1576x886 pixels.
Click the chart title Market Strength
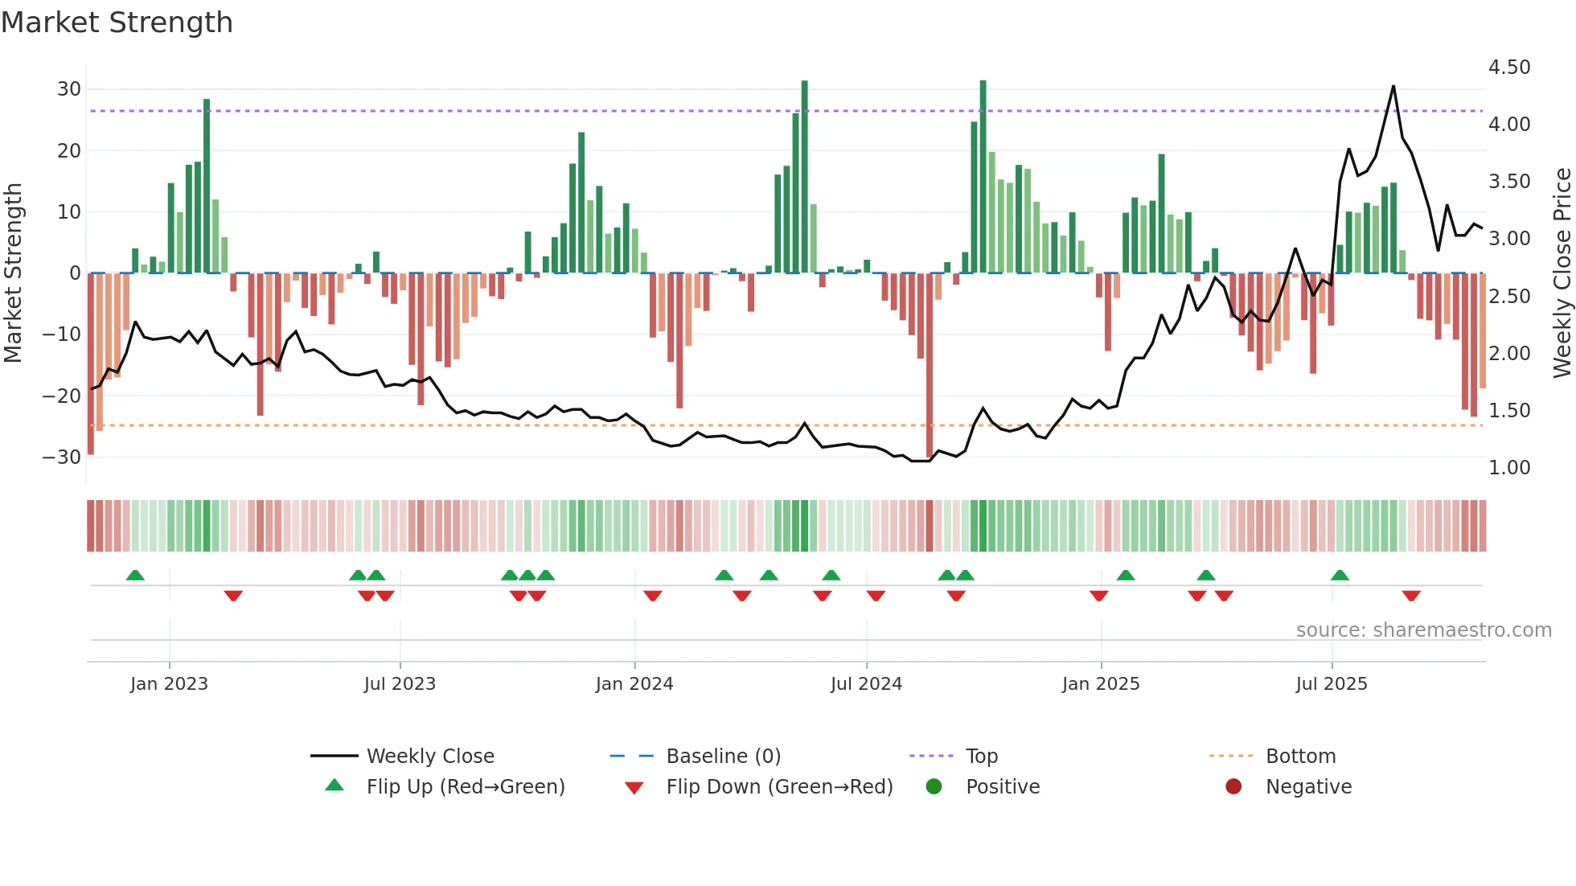click(117, 23)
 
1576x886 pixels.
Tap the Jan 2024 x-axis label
click(634, 684)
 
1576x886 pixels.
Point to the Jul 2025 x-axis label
click(1331, 684)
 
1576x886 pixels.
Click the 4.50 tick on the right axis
click(1508, 68)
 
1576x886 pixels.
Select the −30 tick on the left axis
click(62, 457)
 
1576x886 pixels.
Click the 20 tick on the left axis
click(68, 151)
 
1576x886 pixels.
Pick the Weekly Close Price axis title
click(1562, 273)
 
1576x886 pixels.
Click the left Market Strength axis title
click(13, 273)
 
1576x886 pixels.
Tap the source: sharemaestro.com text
click(1423, 630)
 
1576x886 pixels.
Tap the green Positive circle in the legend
click(934, 787)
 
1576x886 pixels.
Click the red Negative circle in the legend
click(1233, 787)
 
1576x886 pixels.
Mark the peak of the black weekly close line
click(1393, 86)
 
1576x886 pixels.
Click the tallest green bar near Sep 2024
click(983, 177)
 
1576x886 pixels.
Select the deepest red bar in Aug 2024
click(930, 366)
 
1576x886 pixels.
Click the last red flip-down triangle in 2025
click(1410, 596)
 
